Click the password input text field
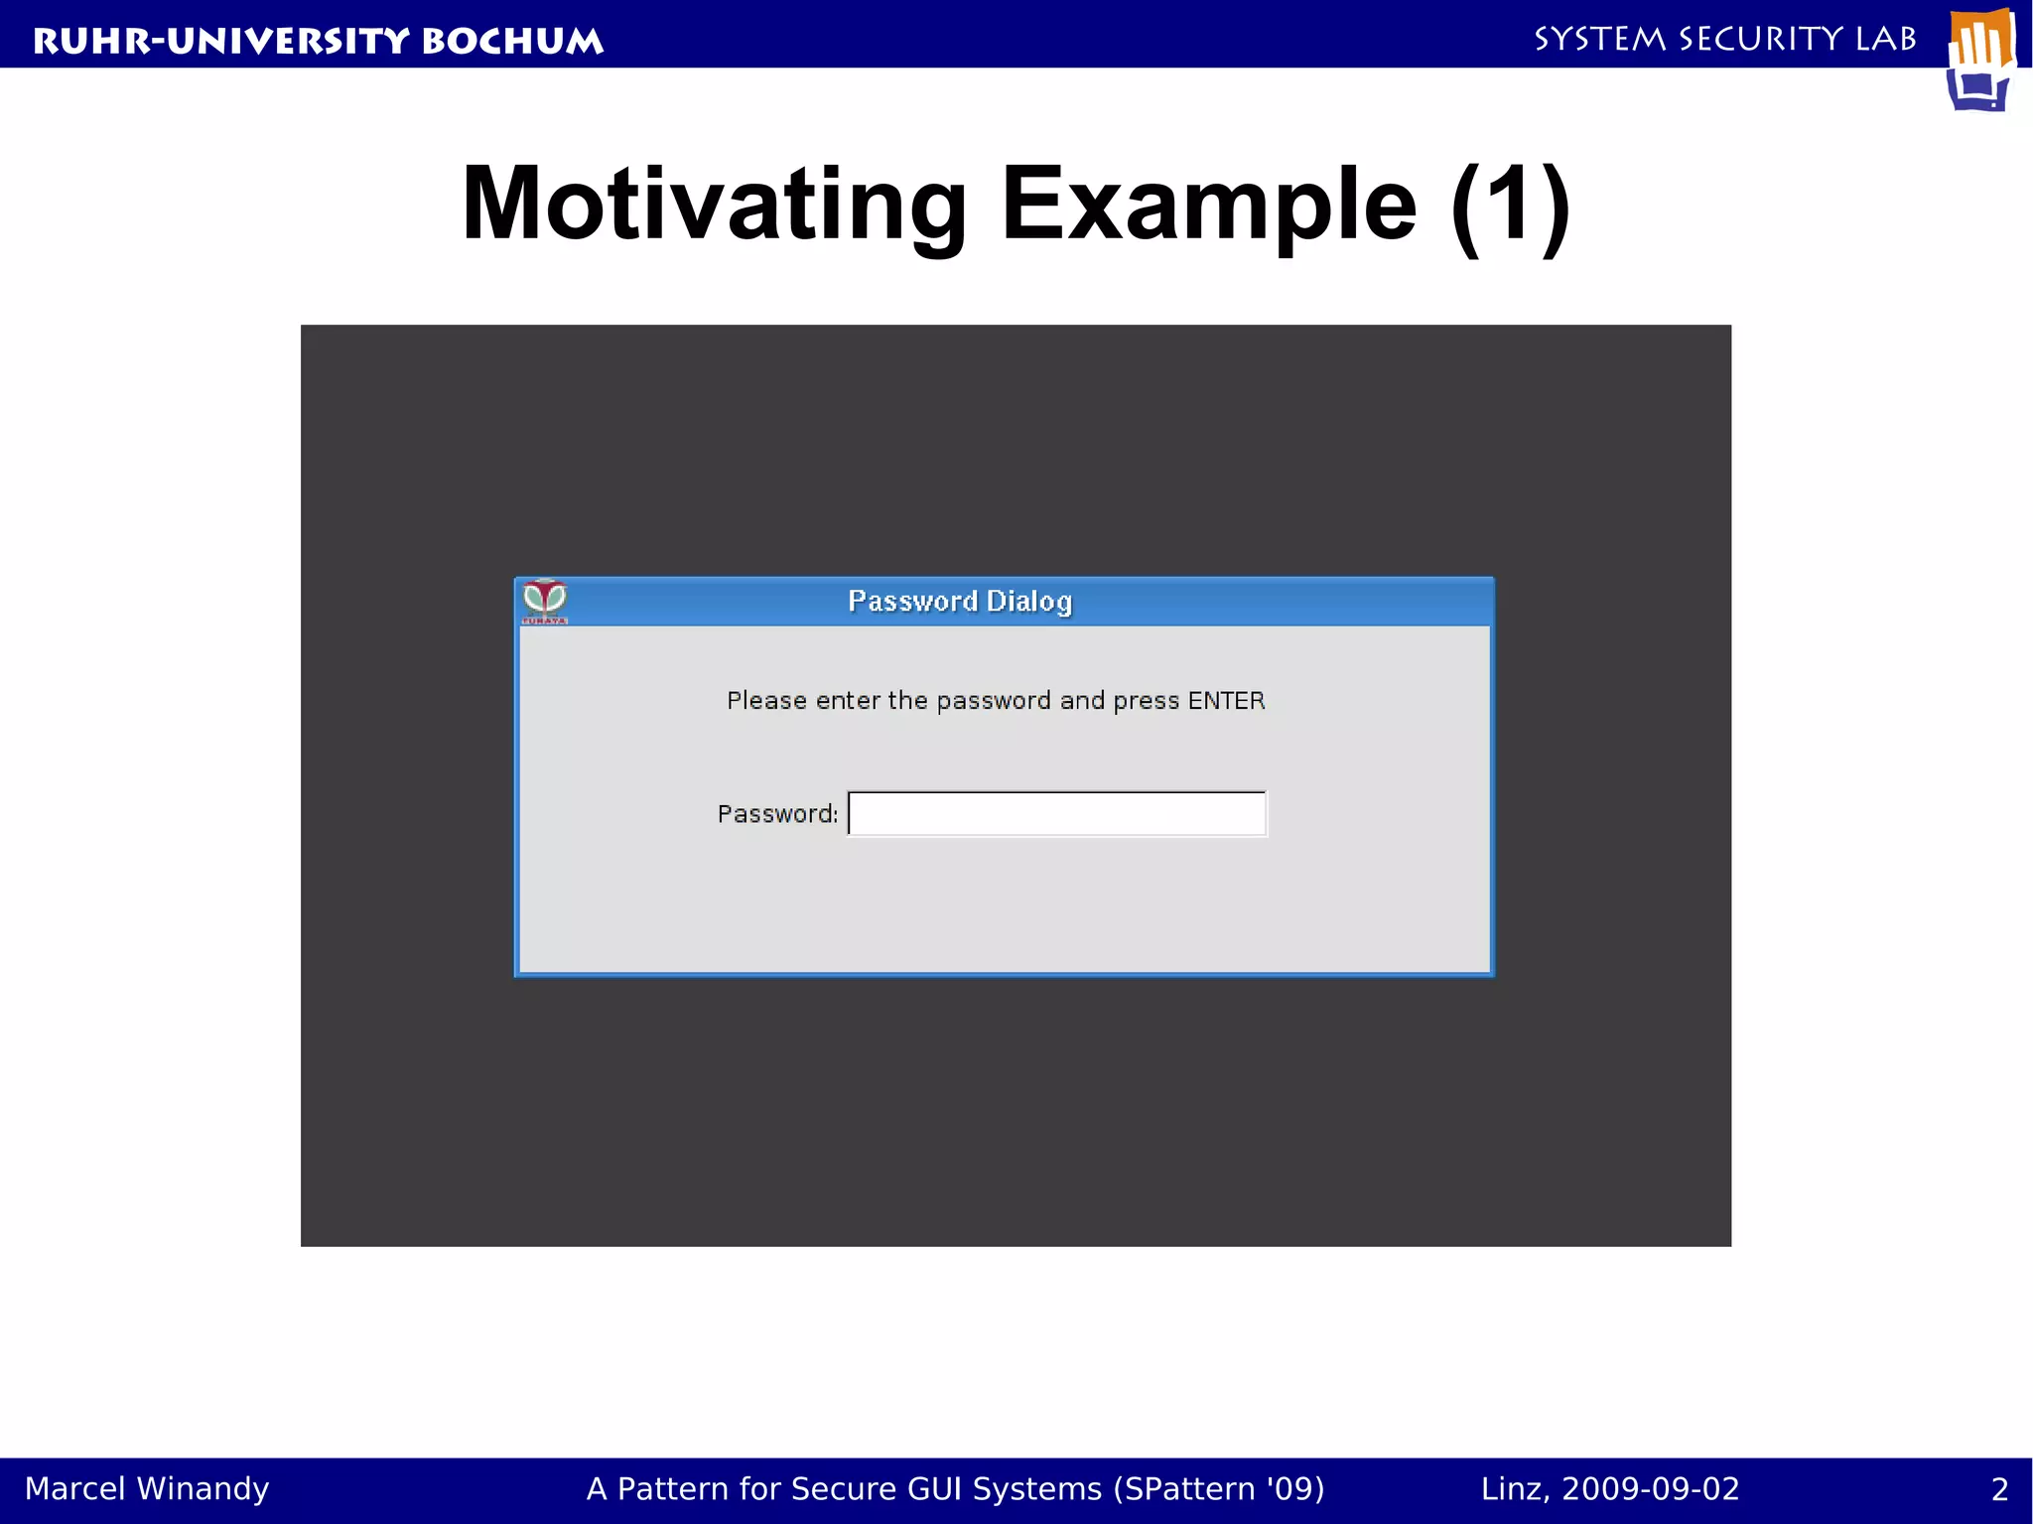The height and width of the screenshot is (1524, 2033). coord(1057,814)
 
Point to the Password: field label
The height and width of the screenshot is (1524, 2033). coord(777,814)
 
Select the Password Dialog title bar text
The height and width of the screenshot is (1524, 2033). coord(960,602)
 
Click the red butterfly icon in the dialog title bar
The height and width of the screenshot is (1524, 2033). coord(545,600)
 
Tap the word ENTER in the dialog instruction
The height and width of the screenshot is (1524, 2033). coord(1226,701)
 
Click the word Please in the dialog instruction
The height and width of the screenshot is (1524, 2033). coord(766,701)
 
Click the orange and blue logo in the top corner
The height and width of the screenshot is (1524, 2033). coord(1980,60)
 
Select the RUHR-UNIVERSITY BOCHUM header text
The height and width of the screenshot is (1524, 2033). coord(318,41)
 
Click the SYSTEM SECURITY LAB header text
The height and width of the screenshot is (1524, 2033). coord(1725,39)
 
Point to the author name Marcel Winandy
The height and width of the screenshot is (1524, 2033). coord(147,1488)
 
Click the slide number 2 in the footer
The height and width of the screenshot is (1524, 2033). coord(1999,1489)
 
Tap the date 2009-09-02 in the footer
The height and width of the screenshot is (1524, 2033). coord(1650,1488)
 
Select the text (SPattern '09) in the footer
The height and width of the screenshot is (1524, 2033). coord(1219,1489)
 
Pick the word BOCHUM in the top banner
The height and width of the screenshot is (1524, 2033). coord(512,41)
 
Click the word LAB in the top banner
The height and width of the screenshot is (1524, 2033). coord(1886,39)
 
